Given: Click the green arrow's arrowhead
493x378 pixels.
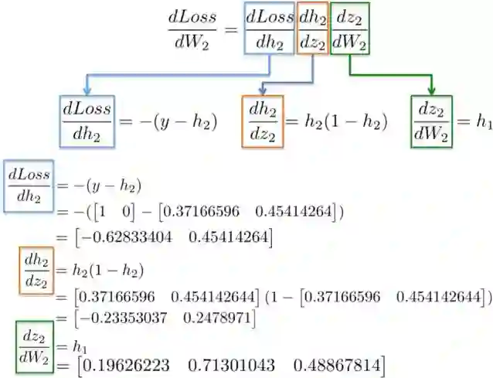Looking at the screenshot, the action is [x=431, y=89].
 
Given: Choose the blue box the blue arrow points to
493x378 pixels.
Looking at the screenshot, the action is [x=87, y=121].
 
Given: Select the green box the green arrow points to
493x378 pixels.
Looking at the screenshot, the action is [x=432, y=121].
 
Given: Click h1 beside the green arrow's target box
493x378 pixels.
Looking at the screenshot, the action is [x=484, y=121].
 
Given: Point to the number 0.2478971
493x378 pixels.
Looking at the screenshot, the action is [x=220, y=318].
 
